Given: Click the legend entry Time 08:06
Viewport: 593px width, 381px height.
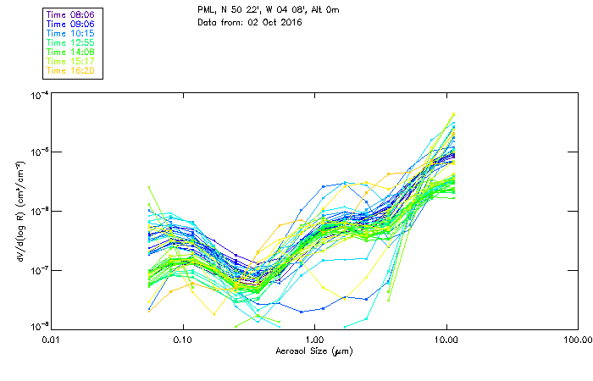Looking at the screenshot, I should [70, 14].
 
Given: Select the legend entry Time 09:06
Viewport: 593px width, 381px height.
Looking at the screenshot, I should [70, 24].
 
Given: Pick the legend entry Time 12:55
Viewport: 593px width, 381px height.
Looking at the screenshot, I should [70, 42].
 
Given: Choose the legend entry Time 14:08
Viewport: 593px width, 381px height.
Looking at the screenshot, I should [70, 52].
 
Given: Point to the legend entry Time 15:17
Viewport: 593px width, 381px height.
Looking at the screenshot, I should [70, 61].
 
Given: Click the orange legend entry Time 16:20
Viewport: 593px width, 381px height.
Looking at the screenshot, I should [70, 70].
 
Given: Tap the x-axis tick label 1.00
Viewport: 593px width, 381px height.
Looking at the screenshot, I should [314, 340].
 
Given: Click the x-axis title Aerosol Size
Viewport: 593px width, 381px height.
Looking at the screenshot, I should [313, 351].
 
